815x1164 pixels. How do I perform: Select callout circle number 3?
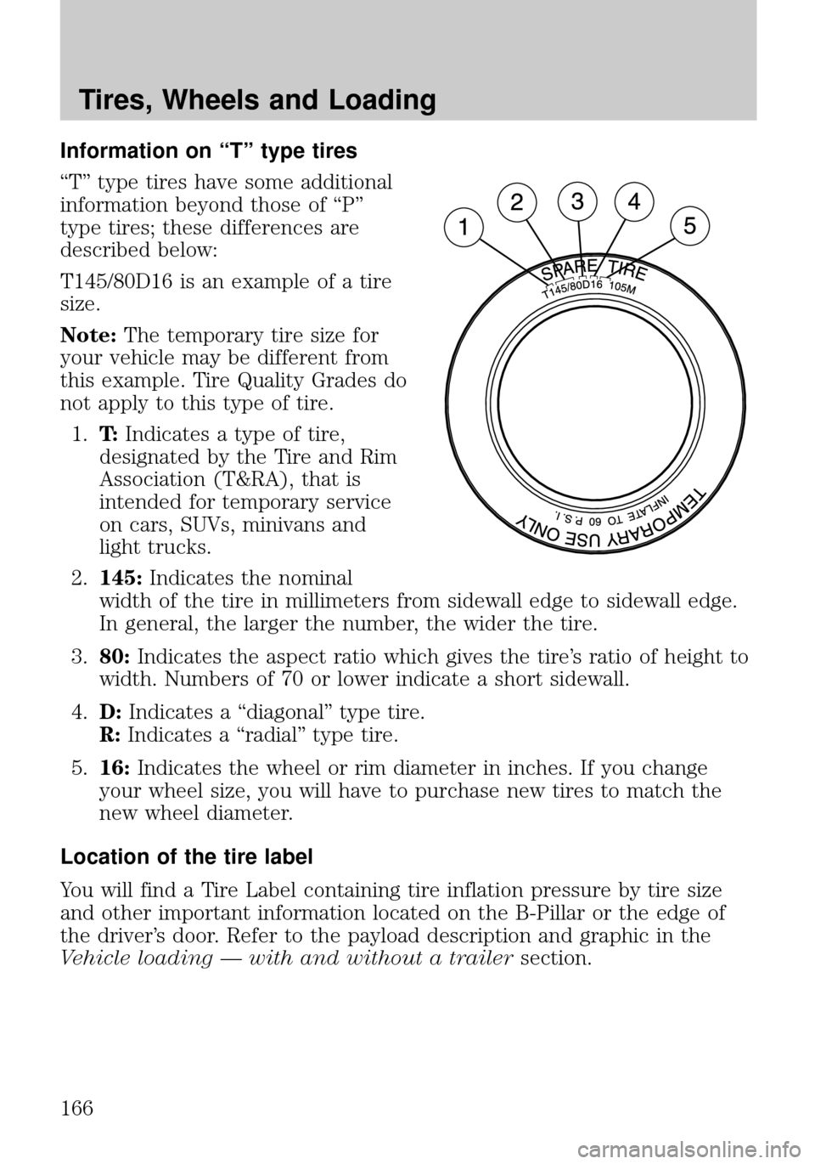[x=576, y=201]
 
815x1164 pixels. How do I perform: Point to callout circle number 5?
[x=689, y=226]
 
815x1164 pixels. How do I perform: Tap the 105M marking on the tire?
[x=622, y=288]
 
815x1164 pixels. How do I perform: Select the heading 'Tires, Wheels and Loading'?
[x=257, y=100]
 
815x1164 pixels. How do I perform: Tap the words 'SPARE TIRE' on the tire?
[x=593, y=268]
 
